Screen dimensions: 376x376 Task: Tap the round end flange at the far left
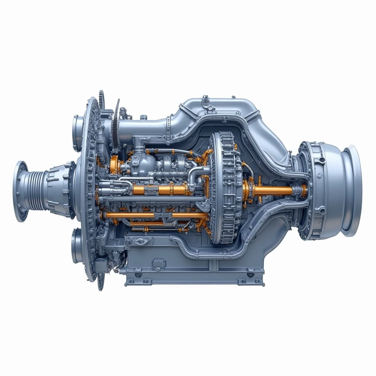(20, 191)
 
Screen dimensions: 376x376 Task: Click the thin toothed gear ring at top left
(116, 124)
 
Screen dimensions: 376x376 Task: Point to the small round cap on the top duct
(143, 117)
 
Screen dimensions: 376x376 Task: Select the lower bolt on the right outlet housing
(322, 211)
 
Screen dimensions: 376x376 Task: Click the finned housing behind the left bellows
(61, 189)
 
